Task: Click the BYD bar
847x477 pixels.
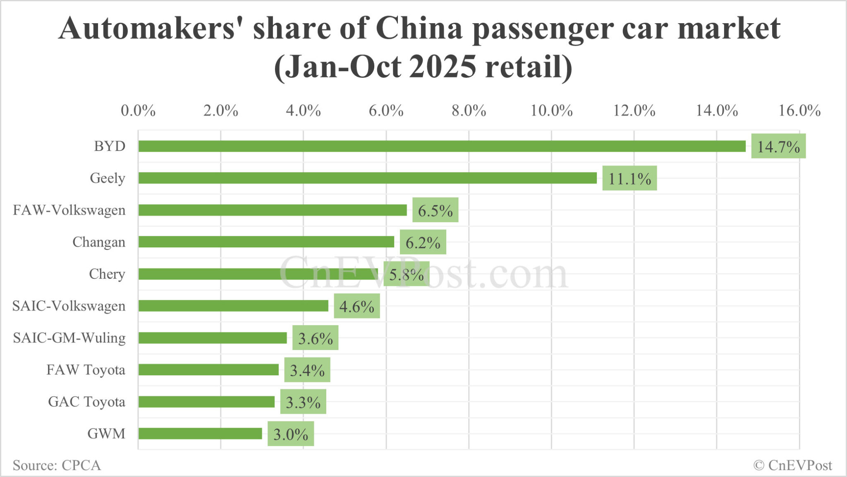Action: point(442,146)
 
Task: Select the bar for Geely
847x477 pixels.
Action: point(367,178)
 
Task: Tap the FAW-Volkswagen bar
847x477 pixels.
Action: point(272,210)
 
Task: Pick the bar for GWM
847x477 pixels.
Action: point(200,434)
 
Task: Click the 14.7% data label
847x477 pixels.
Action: point(778,146)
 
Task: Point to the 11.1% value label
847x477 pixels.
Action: point(629,179)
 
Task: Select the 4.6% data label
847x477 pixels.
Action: point(357,307)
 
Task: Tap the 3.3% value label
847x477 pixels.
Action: point(303,402)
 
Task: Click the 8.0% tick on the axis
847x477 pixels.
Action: point(469,111)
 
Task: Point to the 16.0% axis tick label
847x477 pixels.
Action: point(799,111)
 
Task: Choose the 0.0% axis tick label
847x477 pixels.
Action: point(138,111)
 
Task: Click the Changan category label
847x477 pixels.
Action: point(99,242)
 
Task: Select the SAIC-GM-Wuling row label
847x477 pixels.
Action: point(69,338)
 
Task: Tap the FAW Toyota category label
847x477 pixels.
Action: point(86,370)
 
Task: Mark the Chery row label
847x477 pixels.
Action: point(107,274)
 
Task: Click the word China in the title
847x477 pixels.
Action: point(419,29)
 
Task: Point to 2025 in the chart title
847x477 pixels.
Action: point(443,67)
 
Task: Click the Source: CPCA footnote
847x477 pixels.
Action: point(57,465)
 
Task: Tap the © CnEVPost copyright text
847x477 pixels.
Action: point(792,465)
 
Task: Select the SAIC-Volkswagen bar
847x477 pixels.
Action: point(233,306)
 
